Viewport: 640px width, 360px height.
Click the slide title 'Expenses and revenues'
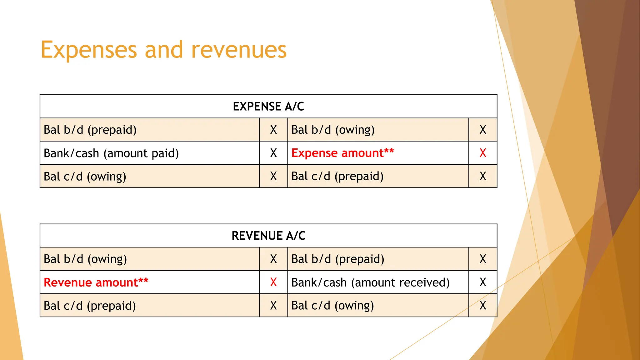tap(163, 50)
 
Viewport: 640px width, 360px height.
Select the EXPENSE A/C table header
tap(268, 107)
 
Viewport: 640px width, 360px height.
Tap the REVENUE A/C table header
tap(268, 236)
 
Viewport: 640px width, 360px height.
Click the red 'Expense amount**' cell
tap(342, 153)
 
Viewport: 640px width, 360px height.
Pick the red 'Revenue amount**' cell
tap(96, 282)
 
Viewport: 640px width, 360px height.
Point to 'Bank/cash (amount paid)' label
tap(111, 153)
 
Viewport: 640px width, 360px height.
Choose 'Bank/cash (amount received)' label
tap(370, 282)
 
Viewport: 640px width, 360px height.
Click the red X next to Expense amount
tap(483, 153)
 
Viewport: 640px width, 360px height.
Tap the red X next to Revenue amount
tap(273, 282)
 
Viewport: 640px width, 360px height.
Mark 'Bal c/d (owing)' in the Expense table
tap(85, 177)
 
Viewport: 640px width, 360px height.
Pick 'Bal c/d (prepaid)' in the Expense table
tap(337, 177)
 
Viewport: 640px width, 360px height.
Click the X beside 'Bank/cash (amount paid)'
tap(273, 153)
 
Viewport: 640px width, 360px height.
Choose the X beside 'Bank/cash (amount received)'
tap(483, 282)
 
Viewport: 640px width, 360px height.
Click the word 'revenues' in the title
tap(239, 50)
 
